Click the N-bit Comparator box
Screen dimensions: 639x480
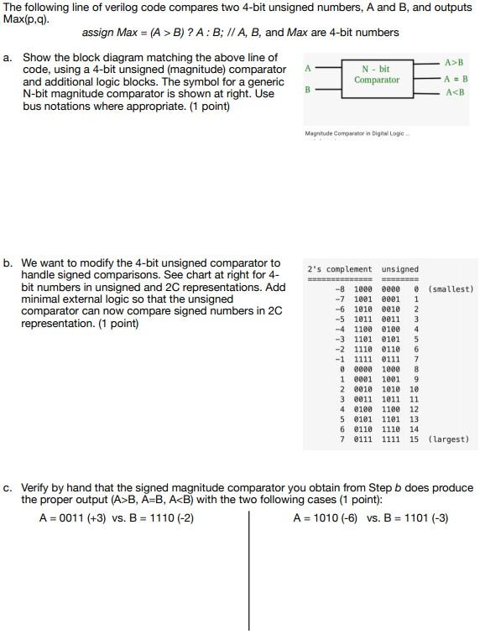pos(377,75)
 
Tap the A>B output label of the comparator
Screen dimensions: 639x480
pos(453,63)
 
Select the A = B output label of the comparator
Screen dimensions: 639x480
pos(454,79)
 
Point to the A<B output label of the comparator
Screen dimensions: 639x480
pos(453,92)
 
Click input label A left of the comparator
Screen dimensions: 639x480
pos(308,67)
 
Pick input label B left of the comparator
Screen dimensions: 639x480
pos(308,88)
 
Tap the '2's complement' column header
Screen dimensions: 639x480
pos(339,269)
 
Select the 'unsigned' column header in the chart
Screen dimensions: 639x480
pos(399,269)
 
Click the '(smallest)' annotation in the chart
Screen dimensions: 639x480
pos(451,289)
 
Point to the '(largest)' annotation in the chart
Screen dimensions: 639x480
pos(448,439)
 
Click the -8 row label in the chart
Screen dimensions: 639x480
pos(340,289)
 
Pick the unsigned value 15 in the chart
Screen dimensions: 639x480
pos(415,439)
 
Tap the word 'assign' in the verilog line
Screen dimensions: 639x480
pos(97,33)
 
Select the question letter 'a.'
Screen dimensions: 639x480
pos(8,58)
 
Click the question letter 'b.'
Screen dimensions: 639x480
pos(8,263)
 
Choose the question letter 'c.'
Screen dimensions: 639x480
pos(8,488)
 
